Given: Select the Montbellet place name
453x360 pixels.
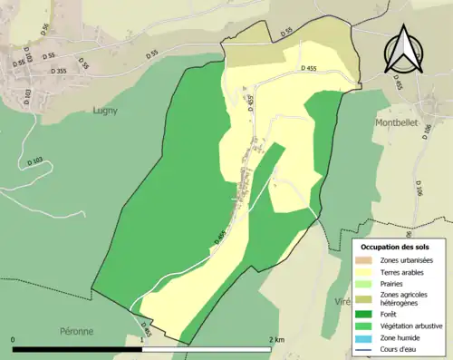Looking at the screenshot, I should click(396, 120).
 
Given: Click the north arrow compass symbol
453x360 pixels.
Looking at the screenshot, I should click(403, 51).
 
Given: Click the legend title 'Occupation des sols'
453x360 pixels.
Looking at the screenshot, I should click(395, 247).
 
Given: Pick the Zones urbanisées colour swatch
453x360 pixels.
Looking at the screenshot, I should click(368, 261).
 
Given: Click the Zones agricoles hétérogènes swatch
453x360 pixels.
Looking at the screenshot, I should click(368, 297).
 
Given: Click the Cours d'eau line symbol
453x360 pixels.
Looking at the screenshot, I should click(368, 346).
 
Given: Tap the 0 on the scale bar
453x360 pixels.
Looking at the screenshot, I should click(14, 340).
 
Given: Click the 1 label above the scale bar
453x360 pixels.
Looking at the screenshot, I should click(142, 340).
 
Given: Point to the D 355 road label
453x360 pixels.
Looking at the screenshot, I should click(59, 71).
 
